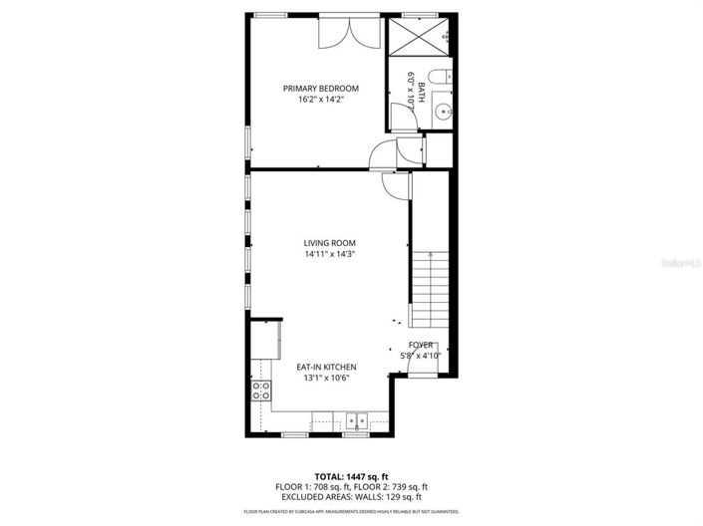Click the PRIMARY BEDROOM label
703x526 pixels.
coord(320,89)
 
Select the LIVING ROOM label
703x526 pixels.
coord(329,243)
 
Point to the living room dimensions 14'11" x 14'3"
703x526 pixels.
coord(330,254)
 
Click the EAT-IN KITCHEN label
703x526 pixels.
coord(326,368)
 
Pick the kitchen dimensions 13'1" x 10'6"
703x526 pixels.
coord(326,379)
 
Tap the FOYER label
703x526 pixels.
coord(420,345)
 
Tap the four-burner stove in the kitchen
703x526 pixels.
coord(261,391)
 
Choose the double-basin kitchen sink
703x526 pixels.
coord(356,419)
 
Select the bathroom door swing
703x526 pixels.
coord(403,118)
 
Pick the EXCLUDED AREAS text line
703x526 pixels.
coord(351,496)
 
